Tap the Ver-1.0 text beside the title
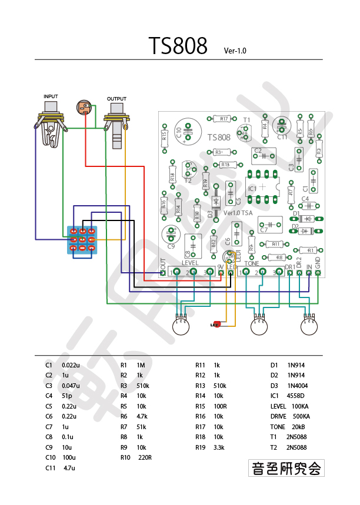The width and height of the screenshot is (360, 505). click(235, 51)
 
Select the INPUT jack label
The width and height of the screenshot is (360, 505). click(51, 96)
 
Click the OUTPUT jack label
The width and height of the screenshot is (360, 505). click(116, 98)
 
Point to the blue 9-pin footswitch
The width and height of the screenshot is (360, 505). click(83, 240)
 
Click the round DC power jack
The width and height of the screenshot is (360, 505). click(84, 108)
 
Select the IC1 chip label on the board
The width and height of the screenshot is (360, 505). click(252, 189)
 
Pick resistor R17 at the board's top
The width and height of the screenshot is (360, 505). click(224, 119)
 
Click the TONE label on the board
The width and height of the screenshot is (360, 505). click(252, 262)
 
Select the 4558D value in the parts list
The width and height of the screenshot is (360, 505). click(298, 396)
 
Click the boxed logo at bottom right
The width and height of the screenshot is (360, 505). click(286, 468)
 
